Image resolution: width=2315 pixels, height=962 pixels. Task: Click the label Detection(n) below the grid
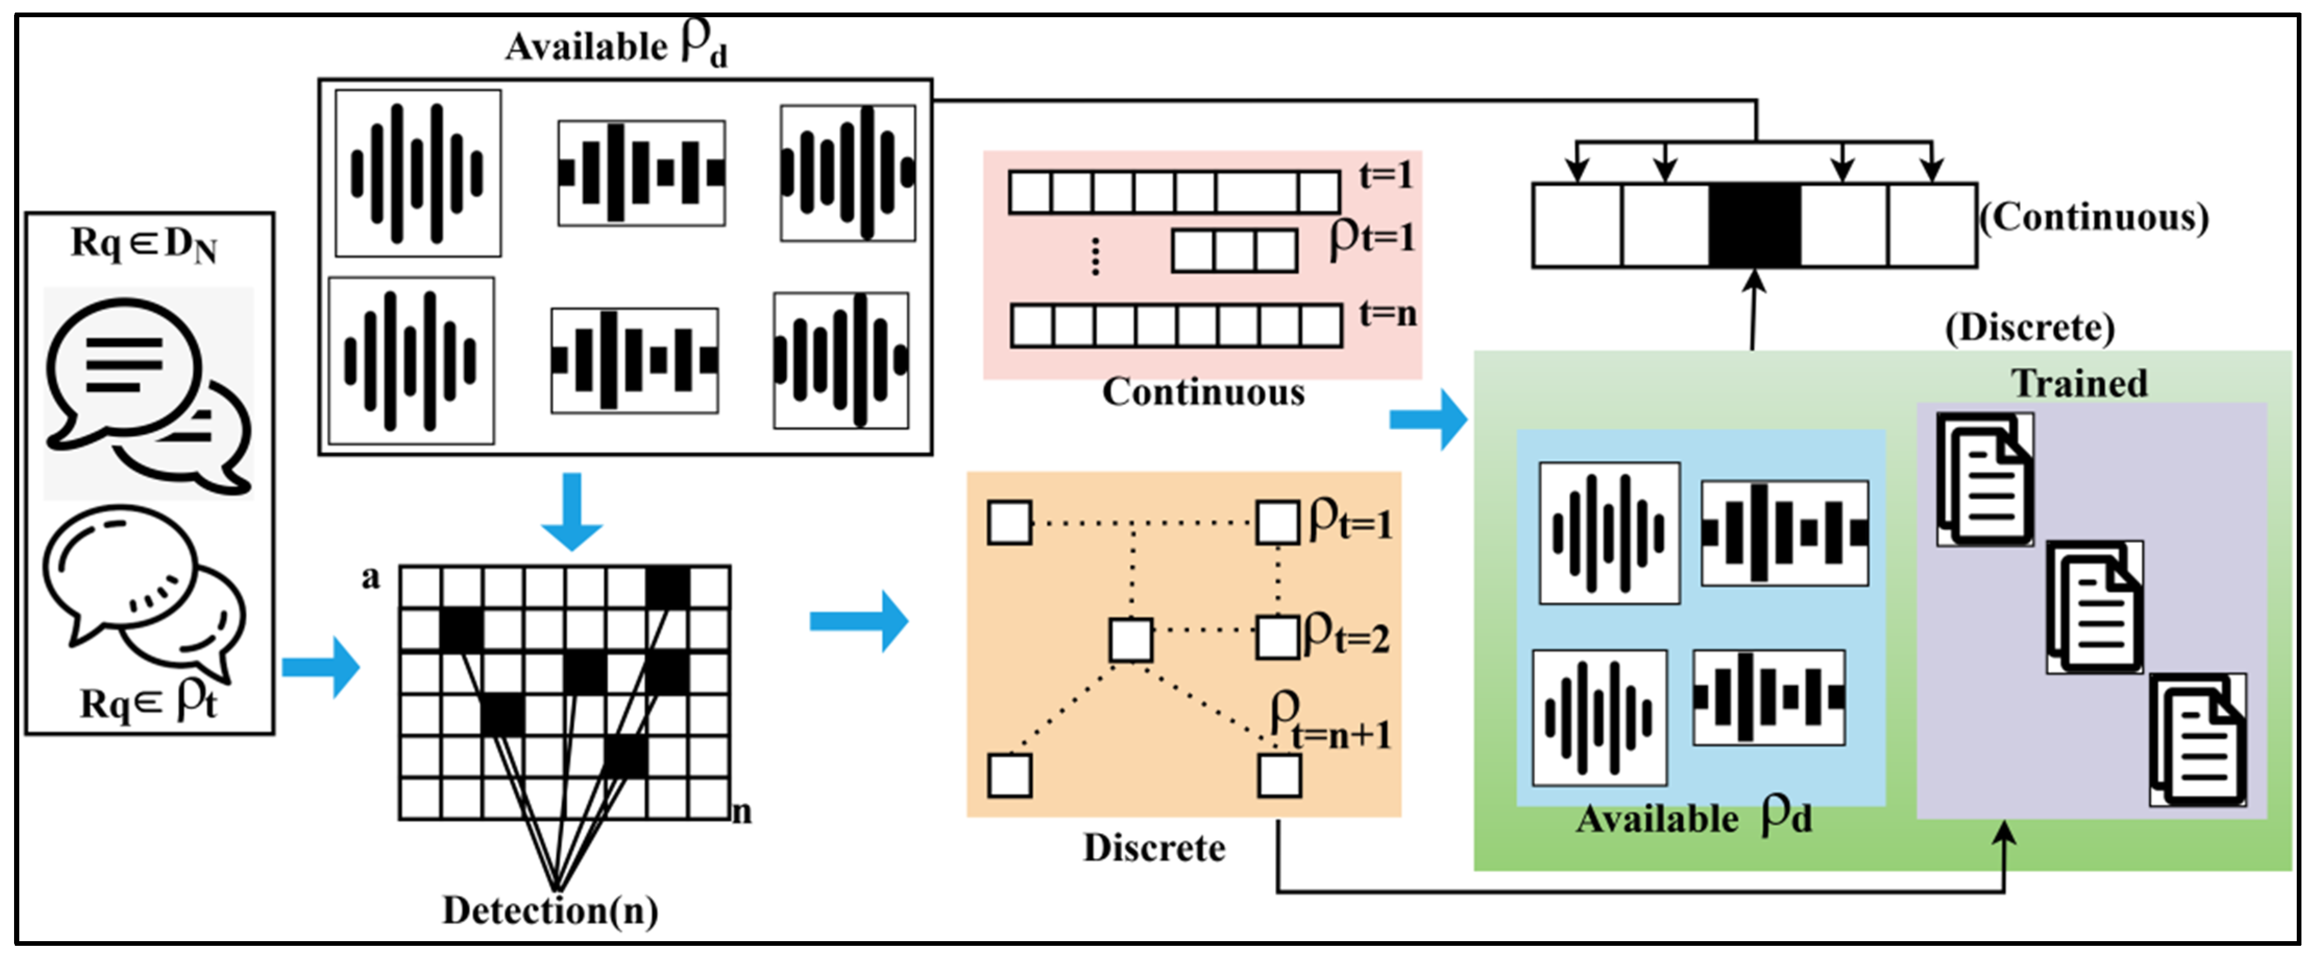[550, 911]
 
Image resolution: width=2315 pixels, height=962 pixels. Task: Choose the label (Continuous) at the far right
[2094, 218]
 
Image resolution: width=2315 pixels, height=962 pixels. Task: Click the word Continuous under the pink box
[1203, 392]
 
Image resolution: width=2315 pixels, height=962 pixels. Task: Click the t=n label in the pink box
[1387, 314]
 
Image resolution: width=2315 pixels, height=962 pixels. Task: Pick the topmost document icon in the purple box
[1985, 479]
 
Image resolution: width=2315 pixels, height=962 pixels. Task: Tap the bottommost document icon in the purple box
[2198, 740]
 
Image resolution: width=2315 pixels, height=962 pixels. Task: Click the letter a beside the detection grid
[370, 578]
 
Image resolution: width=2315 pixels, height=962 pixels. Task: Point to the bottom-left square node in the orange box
[1009, 775]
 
